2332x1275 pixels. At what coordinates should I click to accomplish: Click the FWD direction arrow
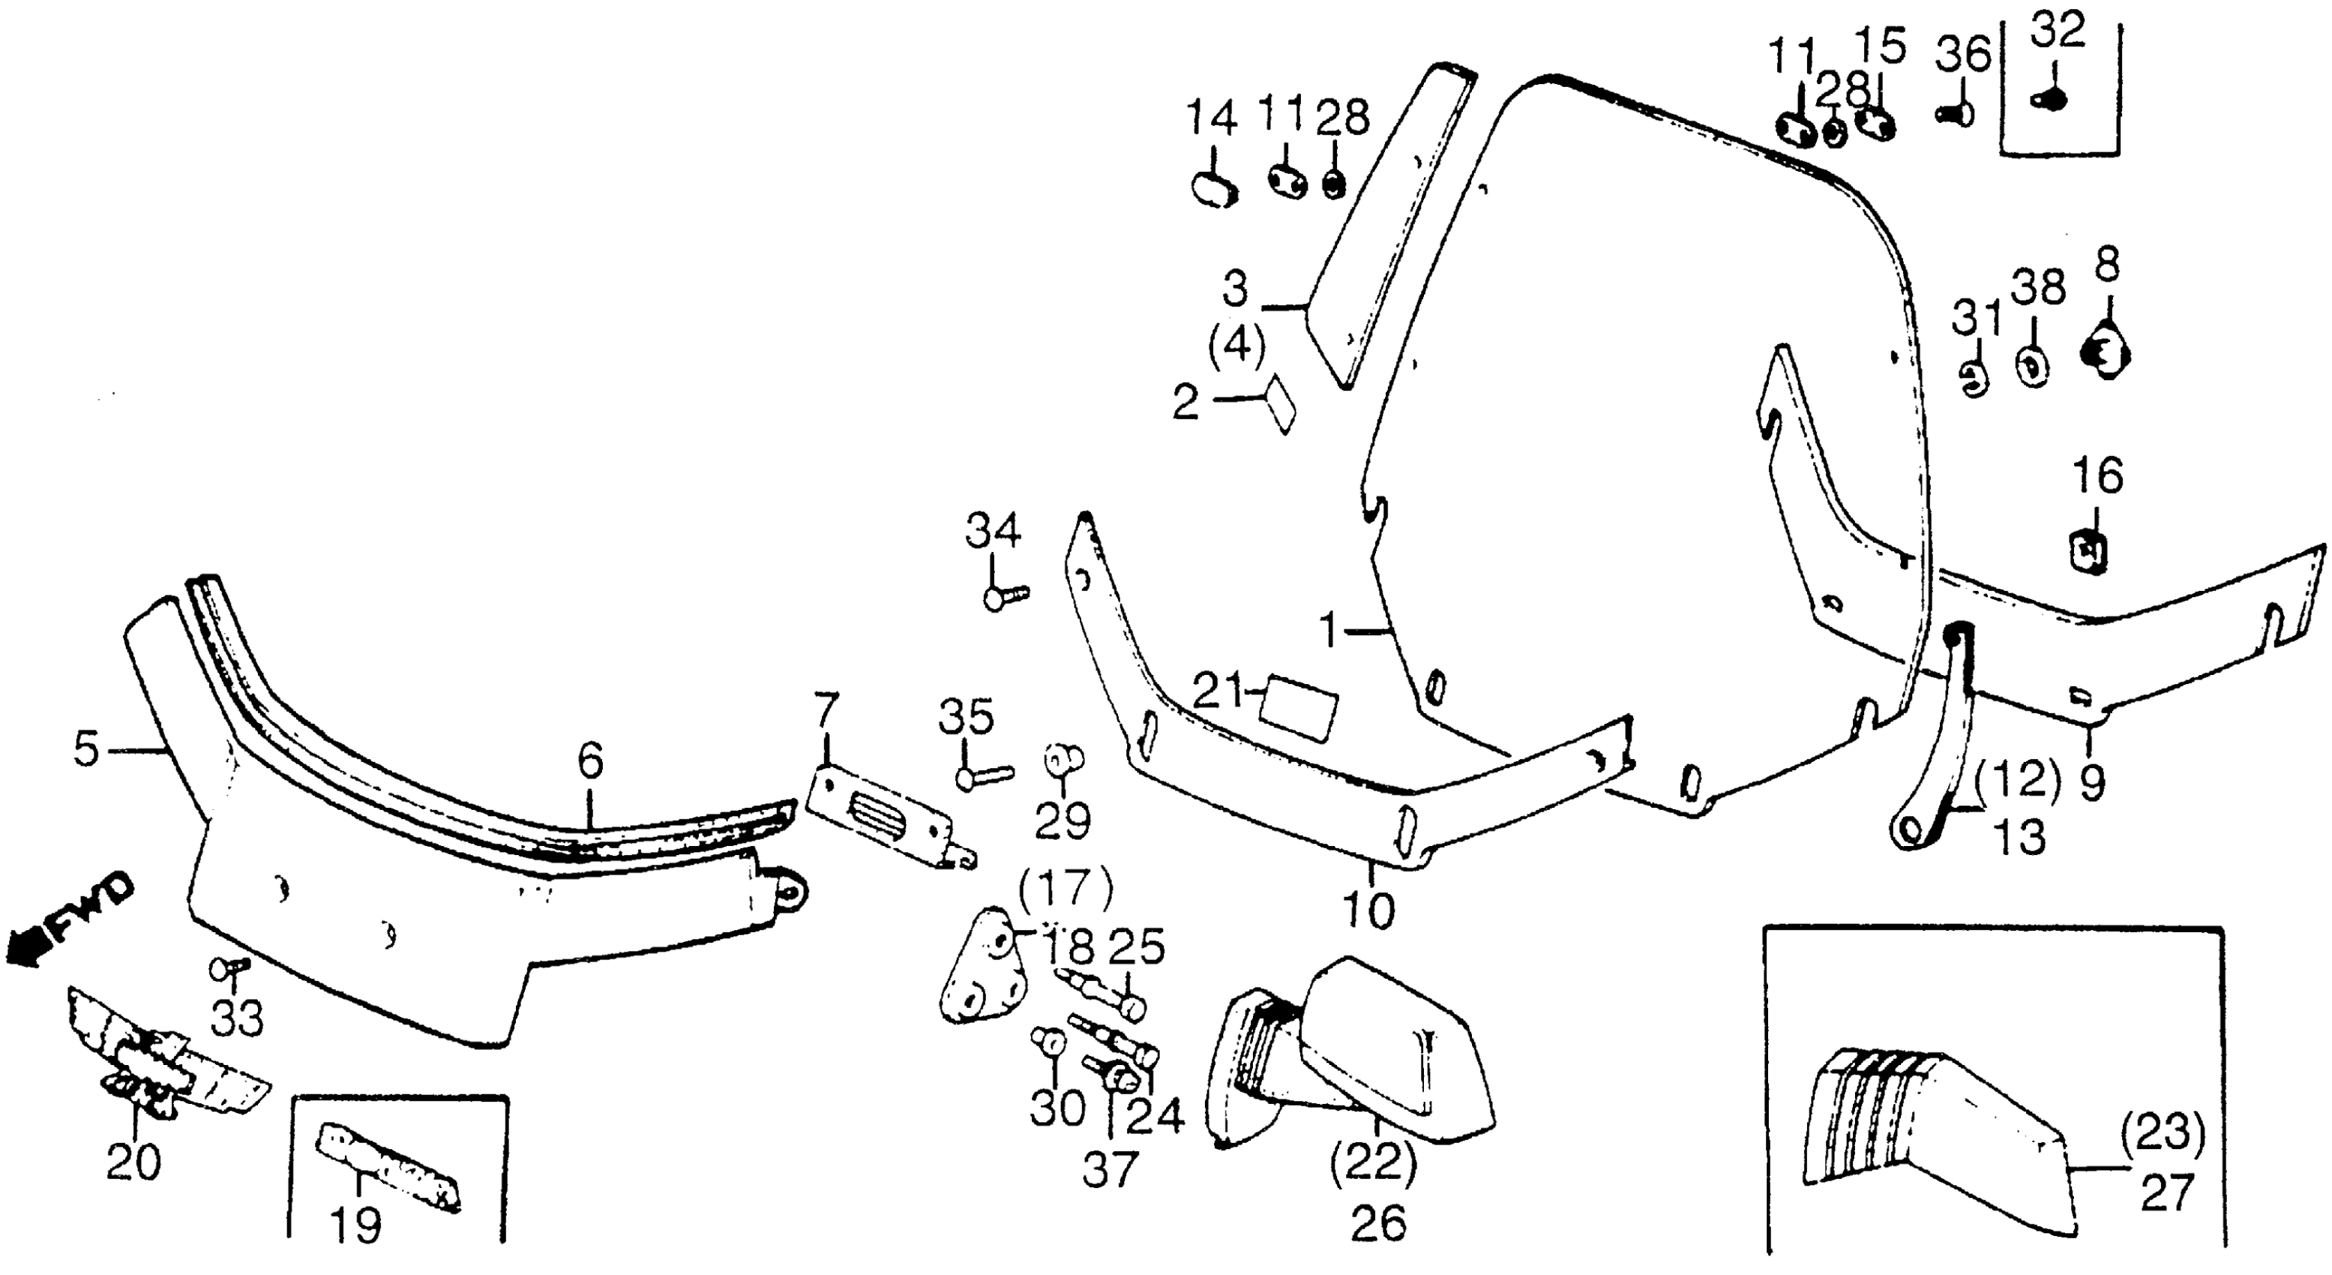point(68,921)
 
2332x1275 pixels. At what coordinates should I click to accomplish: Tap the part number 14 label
point(1211,118)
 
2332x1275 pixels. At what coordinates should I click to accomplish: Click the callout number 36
point(1962,56)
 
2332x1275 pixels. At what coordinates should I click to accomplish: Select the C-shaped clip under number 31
point(1977,379)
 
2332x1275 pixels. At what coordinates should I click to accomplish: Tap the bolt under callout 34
point(1003,598)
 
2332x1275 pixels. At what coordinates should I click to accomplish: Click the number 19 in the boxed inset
point(355,1226)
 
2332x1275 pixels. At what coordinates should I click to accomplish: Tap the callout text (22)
point(1373,1162)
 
